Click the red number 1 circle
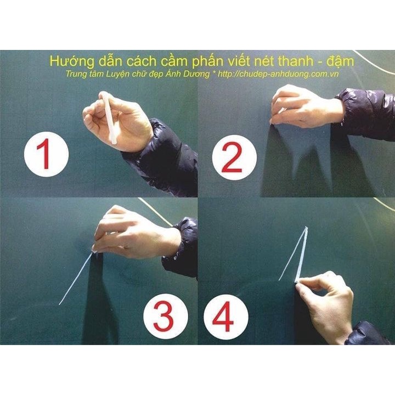(x=46, y=154)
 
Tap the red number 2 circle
(x=234, y=157)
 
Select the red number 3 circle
(x=166, y=316)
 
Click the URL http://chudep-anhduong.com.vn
(x=278, y=74)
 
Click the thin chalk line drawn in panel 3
(x=75, y=279)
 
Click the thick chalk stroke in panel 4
(x=302, y=255)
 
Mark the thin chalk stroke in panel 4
(x=293, y=254)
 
